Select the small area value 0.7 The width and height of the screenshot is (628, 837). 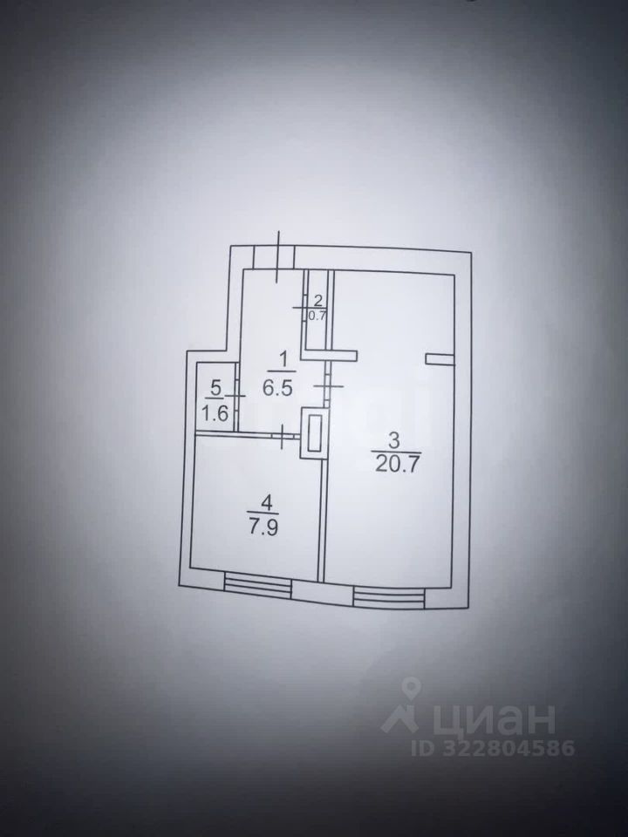pos(317,316)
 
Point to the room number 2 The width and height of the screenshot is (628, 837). pos(317,300)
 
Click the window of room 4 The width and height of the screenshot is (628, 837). pos(256,583)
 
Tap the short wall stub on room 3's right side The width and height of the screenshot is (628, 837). pos(440,356)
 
